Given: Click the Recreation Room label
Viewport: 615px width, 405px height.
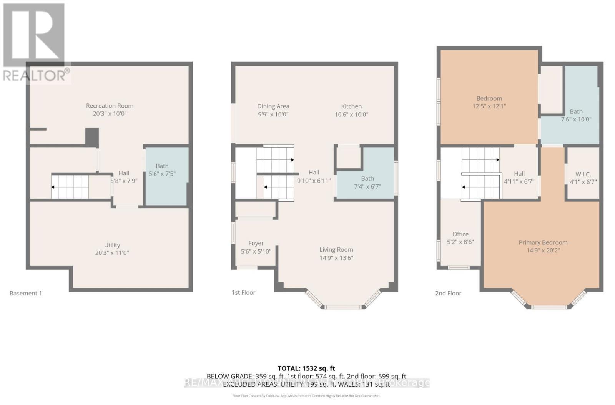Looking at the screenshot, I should tap(110, 106).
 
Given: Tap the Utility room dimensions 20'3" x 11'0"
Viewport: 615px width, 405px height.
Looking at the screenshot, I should tap(111, 253).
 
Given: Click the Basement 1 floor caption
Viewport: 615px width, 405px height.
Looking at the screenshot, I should tap(26, 293).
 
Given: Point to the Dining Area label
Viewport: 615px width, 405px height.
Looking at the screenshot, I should tap(273, 106).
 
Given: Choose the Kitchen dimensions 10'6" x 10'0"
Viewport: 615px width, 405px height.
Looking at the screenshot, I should tap(351, 114).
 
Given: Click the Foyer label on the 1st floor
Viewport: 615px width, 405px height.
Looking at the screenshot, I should tap(256, 243).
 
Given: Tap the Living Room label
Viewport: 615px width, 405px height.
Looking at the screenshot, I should tap(336, 250).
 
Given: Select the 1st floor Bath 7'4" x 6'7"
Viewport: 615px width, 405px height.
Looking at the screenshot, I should tap(367, 183).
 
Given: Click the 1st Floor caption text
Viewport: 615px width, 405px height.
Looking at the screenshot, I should tap(243, 292).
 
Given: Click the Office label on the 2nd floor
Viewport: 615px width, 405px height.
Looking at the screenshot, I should tap(460, 234).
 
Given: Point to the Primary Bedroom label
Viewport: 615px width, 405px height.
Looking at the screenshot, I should tap(543, 242).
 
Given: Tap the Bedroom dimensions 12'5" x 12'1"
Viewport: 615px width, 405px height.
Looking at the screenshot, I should tap(489, 106).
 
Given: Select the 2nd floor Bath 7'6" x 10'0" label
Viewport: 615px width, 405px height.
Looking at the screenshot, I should tap(576, 115).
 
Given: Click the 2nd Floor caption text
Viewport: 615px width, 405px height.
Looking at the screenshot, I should tap(448, 293).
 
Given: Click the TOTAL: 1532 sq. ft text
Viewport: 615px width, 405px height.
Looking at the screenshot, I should tap(306, 368).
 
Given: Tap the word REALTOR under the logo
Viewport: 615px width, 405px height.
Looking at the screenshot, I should tap(34, 75).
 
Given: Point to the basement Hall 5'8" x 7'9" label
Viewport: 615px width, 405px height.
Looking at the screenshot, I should tap(124, 177).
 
